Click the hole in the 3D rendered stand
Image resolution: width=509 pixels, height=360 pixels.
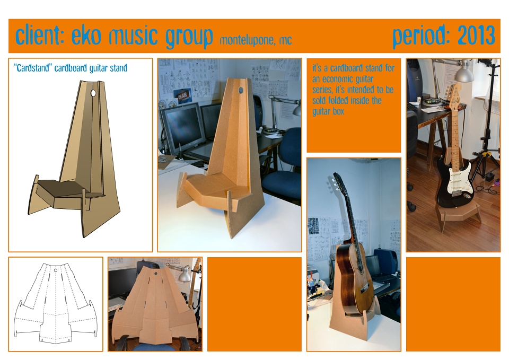pos(93,93)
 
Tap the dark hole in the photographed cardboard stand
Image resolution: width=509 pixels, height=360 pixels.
pos(241,90)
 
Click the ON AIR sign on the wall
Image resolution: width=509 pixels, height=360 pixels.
pos(182,95)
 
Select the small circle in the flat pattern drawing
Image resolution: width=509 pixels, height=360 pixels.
pos(56,270)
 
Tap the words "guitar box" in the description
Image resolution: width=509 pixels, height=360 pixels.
pos(328,111)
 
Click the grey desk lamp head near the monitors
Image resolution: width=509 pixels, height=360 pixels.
pos(296,110)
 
